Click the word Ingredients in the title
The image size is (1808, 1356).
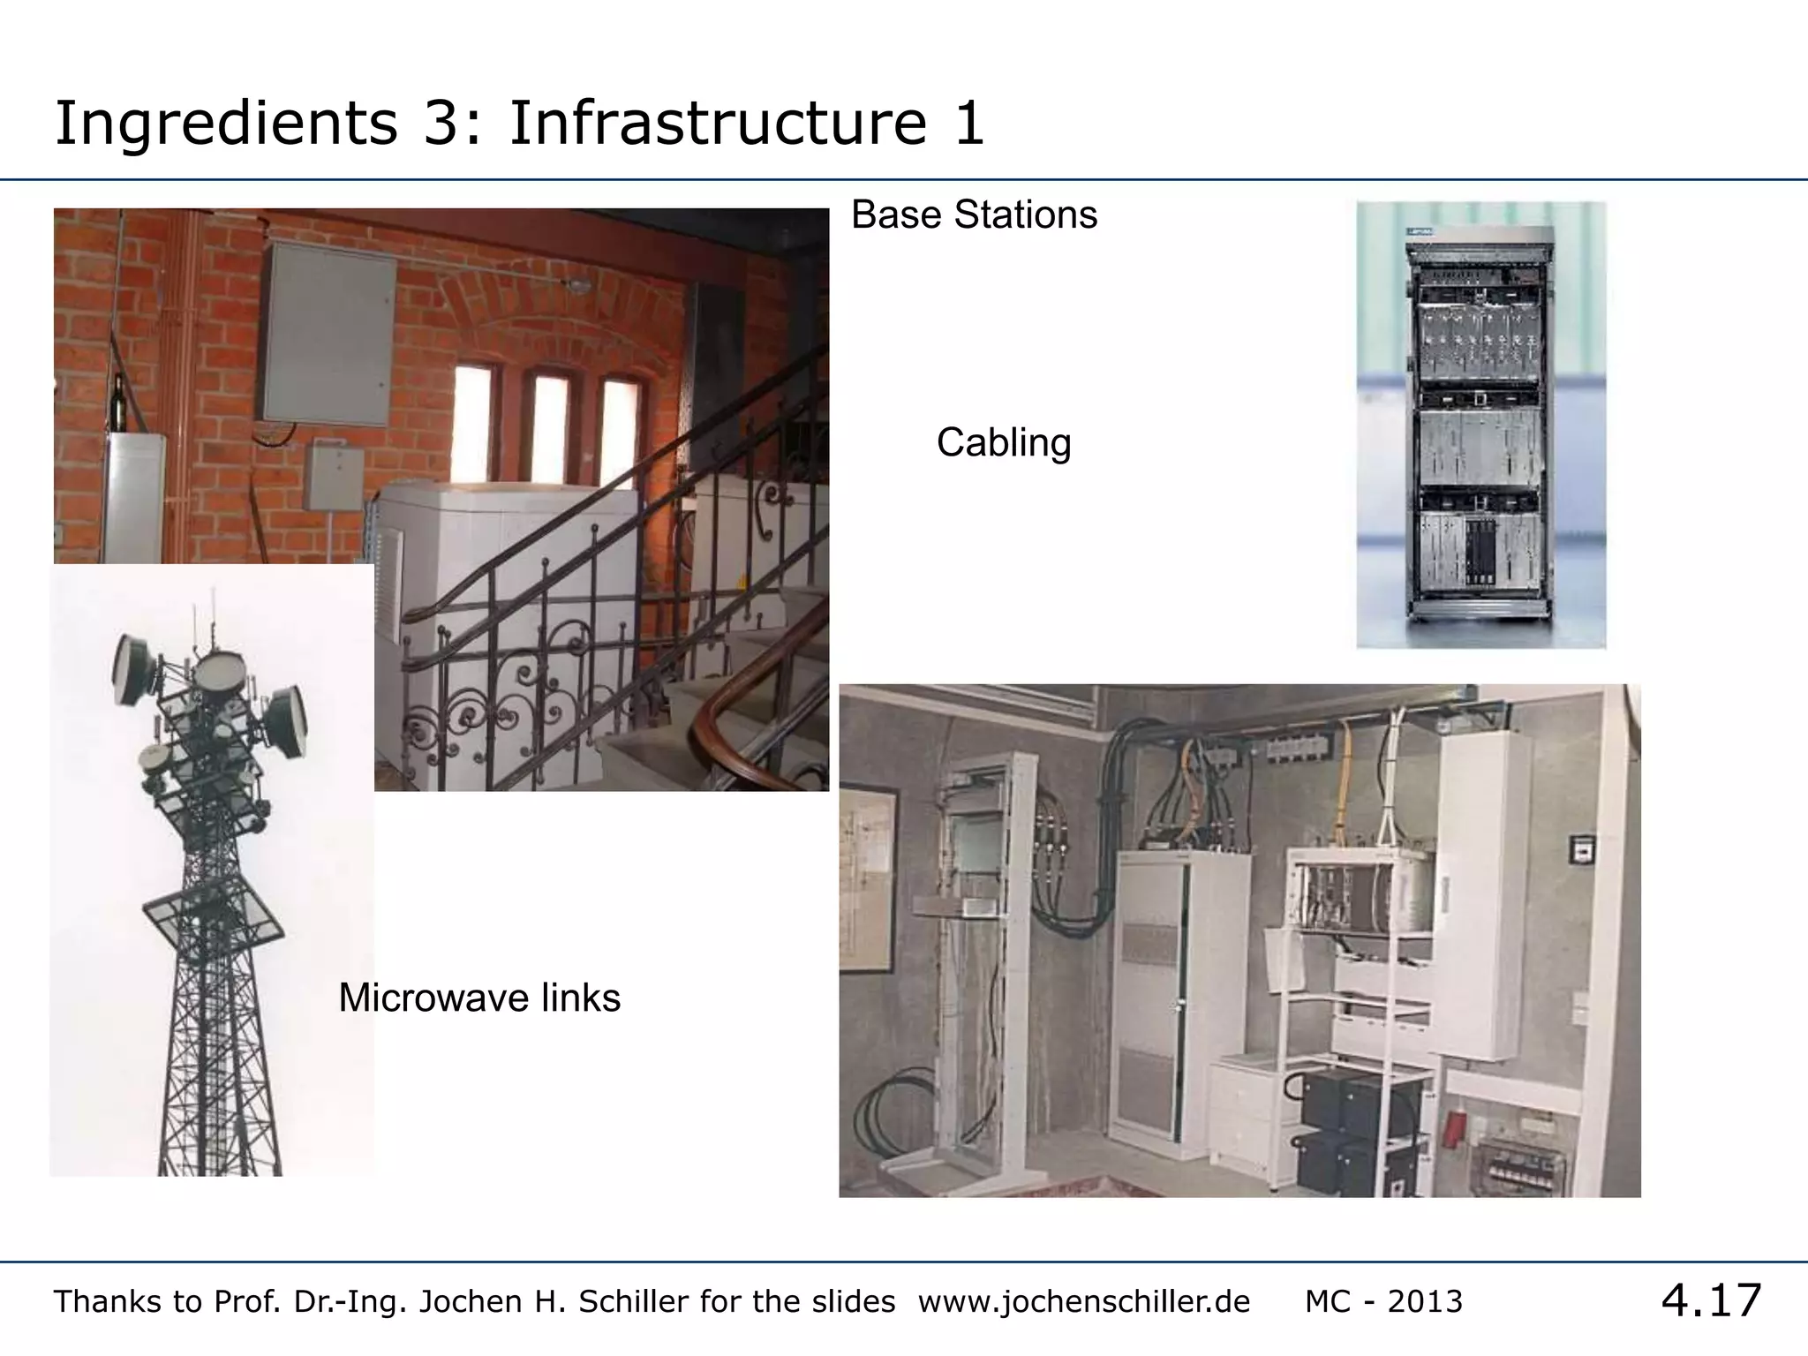pos(226,124)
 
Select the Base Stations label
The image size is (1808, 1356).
pos(974,215)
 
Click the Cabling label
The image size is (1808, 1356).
pos(1004,442)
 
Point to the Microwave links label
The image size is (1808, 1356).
pos(479,998)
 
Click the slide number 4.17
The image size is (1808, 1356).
pos(1711,1300)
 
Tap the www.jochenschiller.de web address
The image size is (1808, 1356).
pos(1084,1301)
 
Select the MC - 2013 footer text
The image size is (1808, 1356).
pos(1383,1301)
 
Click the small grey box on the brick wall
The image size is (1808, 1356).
pos(334,478)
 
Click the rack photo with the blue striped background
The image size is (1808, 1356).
pos(1480,425)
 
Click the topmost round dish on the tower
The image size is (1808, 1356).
pos(219,672)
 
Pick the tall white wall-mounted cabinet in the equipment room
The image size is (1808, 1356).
pos(1482,896)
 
